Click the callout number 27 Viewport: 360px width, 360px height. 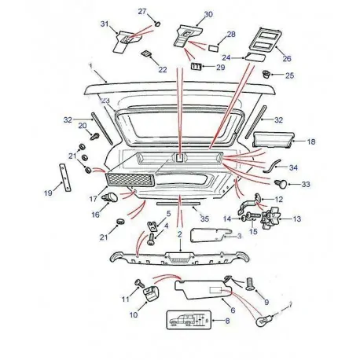coord(142,10)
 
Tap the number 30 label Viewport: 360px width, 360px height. coord(208,15)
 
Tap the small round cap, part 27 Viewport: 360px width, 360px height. coord(156,23)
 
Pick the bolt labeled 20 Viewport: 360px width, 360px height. coord(94,135)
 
